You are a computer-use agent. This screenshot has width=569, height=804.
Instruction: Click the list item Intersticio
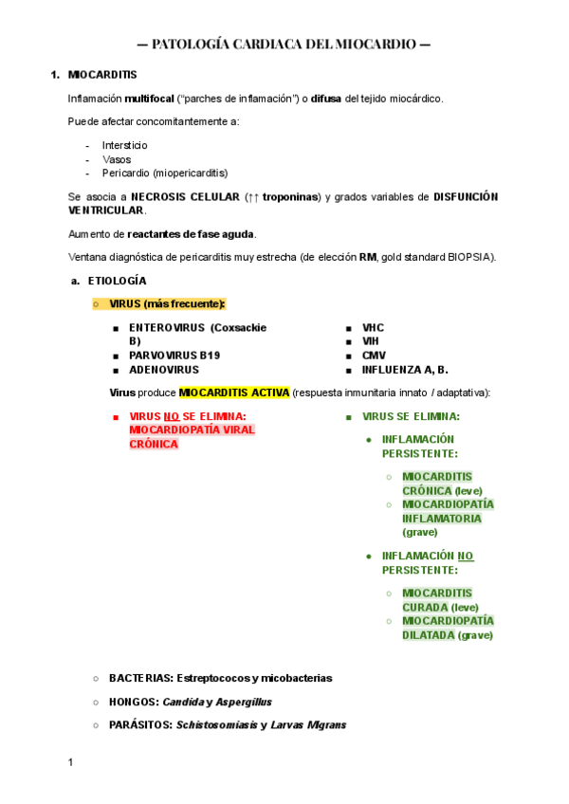(x=125, y=145)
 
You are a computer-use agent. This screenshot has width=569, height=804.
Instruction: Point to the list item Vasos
(x=117, y=159)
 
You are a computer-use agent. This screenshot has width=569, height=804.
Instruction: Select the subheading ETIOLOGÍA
(x=118, y=281)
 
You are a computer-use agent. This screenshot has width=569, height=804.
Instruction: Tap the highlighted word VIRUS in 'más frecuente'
(x=125, y=303)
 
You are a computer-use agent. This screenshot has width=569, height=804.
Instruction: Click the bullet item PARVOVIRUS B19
(x=179, y=356)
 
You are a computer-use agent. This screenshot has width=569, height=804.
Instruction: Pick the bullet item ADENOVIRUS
(x=164, y=370)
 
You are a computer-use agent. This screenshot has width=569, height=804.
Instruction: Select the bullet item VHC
(x=373, y=327)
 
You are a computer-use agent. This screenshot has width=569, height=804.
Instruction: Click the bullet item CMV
(x=374, y=356)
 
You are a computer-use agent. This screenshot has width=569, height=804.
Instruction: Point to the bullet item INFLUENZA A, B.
(x=405, y=370)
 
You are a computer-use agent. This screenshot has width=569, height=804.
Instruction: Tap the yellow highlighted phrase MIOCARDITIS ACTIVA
(x=234, y=393)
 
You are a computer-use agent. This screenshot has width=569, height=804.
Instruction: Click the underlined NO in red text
(x=172, y=416)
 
